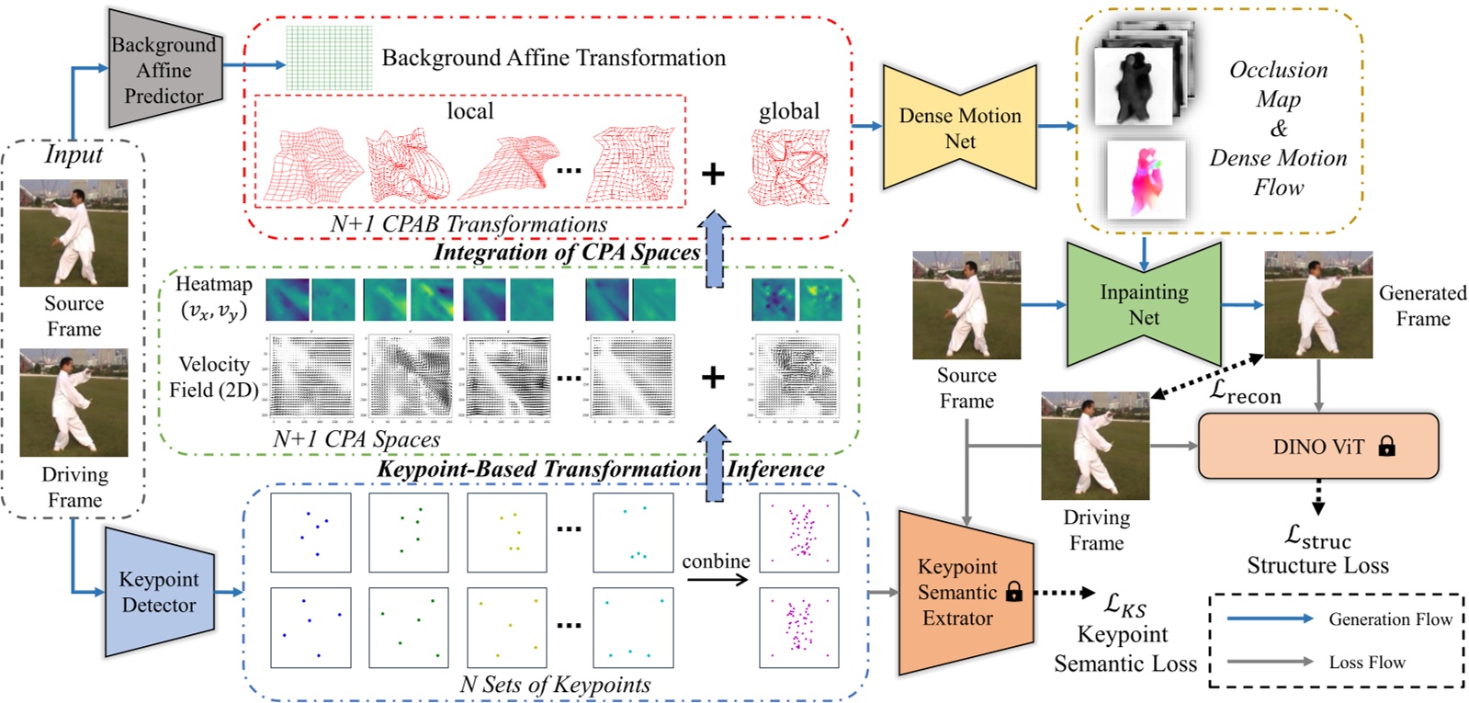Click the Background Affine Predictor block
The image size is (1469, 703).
tap(164, 70)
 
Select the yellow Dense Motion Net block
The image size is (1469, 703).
tap(959, 129)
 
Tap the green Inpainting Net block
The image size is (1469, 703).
tap(1144, 304)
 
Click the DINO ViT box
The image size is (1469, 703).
tap(1317, 447)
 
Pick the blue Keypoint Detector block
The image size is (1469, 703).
tap(158, 592)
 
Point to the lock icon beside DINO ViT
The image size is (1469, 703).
tap(1386, 447)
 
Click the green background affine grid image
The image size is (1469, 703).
tap(329, 58)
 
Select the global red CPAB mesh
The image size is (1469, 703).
tap(789, 166)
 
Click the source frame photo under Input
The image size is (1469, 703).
tap(73, 232)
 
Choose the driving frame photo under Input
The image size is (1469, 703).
tap(73, 403)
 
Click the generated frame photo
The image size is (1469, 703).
tap(1318, 304)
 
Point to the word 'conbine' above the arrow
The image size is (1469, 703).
tap(716, 561)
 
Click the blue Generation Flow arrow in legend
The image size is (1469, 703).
tap(1270, 619)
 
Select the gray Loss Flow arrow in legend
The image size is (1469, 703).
tap(1270, 662)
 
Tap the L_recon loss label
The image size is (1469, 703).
tap(1245, 392)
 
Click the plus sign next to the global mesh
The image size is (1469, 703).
tap(713, 173)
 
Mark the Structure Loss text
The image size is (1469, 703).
tap(1317, 565)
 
